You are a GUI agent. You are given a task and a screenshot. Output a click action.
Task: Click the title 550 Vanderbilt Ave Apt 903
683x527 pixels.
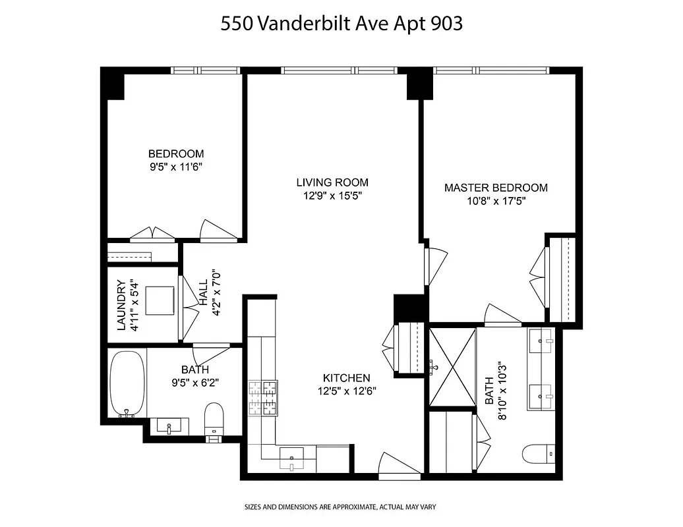[x=341, y=24]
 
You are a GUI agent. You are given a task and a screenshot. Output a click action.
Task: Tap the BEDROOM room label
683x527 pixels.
[x=175, y=153]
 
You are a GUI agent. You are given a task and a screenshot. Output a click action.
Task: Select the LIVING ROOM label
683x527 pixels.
[x=332, y=182]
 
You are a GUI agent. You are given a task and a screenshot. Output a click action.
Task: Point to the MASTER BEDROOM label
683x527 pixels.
[x=496, y=188]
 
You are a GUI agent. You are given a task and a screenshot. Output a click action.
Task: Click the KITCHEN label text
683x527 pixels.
[x=346, y=378]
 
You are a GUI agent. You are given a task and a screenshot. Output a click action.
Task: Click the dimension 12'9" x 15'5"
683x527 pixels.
[x=332, y=196]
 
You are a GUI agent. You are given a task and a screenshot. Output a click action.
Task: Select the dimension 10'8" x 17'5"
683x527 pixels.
[x=496, y=201]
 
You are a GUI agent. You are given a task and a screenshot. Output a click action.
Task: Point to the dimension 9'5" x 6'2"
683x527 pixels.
[x=195, y=383]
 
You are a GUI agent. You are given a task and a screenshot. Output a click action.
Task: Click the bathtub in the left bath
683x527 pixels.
[x=127, y=385]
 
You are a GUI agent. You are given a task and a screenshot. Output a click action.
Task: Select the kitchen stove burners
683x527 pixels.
[x=262, y=399]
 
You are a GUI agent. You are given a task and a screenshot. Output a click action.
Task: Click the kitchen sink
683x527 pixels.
[x=292, y=457]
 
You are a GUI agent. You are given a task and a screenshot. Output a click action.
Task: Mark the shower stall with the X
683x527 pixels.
[x=452, y=368]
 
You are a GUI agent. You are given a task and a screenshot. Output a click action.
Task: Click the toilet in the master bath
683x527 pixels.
[x=537, y=454]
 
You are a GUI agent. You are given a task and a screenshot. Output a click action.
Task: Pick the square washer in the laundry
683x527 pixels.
[x=160, y=301]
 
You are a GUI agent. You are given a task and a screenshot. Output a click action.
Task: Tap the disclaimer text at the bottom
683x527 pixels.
[x=341, y=508]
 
